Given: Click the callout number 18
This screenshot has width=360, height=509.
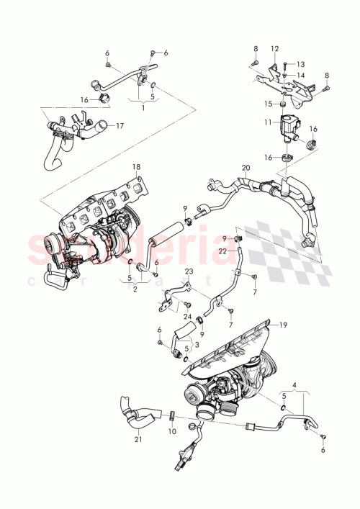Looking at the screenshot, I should [137, 168].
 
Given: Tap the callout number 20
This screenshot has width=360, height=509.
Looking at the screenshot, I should [246, 168].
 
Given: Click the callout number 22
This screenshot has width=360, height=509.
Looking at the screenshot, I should [222, 251].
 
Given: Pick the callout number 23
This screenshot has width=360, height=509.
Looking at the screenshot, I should [189, 271].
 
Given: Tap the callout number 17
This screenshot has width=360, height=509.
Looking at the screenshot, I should [120, 125].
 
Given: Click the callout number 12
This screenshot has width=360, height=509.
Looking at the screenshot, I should [274, 49].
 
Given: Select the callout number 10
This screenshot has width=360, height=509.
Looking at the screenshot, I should [172, 431].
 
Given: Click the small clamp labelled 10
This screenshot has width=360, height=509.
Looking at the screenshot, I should [172, 415].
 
